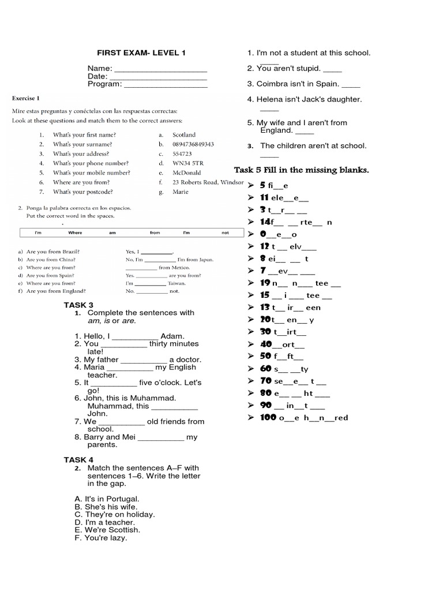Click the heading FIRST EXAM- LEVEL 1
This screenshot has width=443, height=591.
(141, 53)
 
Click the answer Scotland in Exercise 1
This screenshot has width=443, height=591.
(184, 134)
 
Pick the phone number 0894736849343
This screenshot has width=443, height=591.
(193, 144)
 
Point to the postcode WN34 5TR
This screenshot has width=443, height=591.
(188, 163)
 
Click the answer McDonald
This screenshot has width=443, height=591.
(186, 173)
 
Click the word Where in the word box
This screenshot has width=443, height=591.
(76, 233)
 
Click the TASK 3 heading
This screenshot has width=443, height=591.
(78, 305)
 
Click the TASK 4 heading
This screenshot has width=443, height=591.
(78, 459)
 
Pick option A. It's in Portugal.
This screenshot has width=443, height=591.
(107, 499)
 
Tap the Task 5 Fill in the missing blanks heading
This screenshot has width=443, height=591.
(301, 170)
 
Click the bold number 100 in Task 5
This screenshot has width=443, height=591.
(268, 417)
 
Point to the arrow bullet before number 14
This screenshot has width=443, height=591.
(251, 222)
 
